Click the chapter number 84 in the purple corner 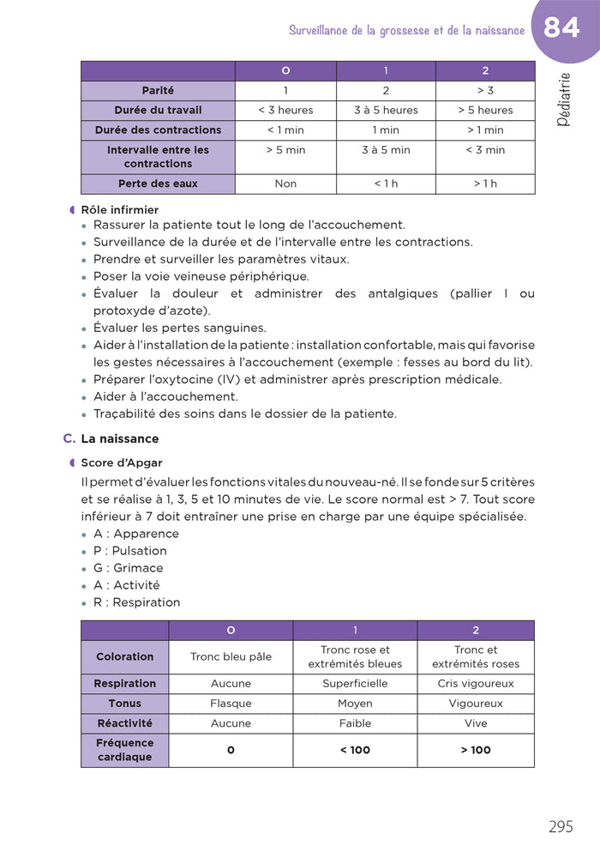click(561, 28)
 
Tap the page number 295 click(561, 827)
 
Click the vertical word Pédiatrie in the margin click(563, 100)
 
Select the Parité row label click(158, 90)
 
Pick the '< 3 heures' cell click(285, 110)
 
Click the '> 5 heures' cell click(485, 110)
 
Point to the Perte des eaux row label click(158, 184)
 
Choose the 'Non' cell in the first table click(285, 184)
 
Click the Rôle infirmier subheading click(119, 209)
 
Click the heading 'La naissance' click(119, 438)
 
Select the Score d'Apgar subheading click(121, 462)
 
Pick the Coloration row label click(125, 656)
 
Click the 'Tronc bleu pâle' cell click(231, 656)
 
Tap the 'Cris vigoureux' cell click(476, 684)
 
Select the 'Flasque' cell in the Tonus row click(231, 704)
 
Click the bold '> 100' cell click(476, 750)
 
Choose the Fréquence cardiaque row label click(125, 750)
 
